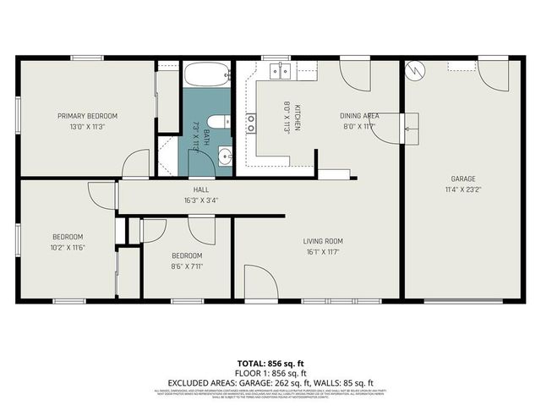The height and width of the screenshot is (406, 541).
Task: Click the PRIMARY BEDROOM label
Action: [87, 116]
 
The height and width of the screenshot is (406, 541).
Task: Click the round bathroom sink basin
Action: [225, 155]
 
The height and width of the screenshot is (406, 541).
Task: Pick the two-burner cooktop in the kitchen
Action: [251, 123]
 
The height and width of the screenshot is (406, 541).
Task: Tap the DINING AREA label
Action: [358, 116]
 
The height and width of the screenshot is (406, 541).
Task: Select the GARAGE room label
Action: [462, 178]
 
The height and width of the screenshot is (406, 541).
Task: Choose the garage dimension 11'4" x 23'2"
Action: [462, 189]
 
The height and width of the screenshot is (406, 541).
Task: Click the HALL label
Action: [200, 189]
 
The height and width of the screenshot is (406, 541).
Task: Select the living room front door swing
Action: [259, 282]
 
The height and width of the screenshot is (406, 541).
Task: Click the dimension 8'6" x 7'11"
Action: [187, 266]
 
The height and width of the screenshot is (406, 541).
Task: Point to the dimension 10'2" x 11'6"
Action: [68, 247]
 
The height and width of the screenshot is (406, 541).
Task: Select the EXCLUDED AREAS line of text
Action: [270, 382]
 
